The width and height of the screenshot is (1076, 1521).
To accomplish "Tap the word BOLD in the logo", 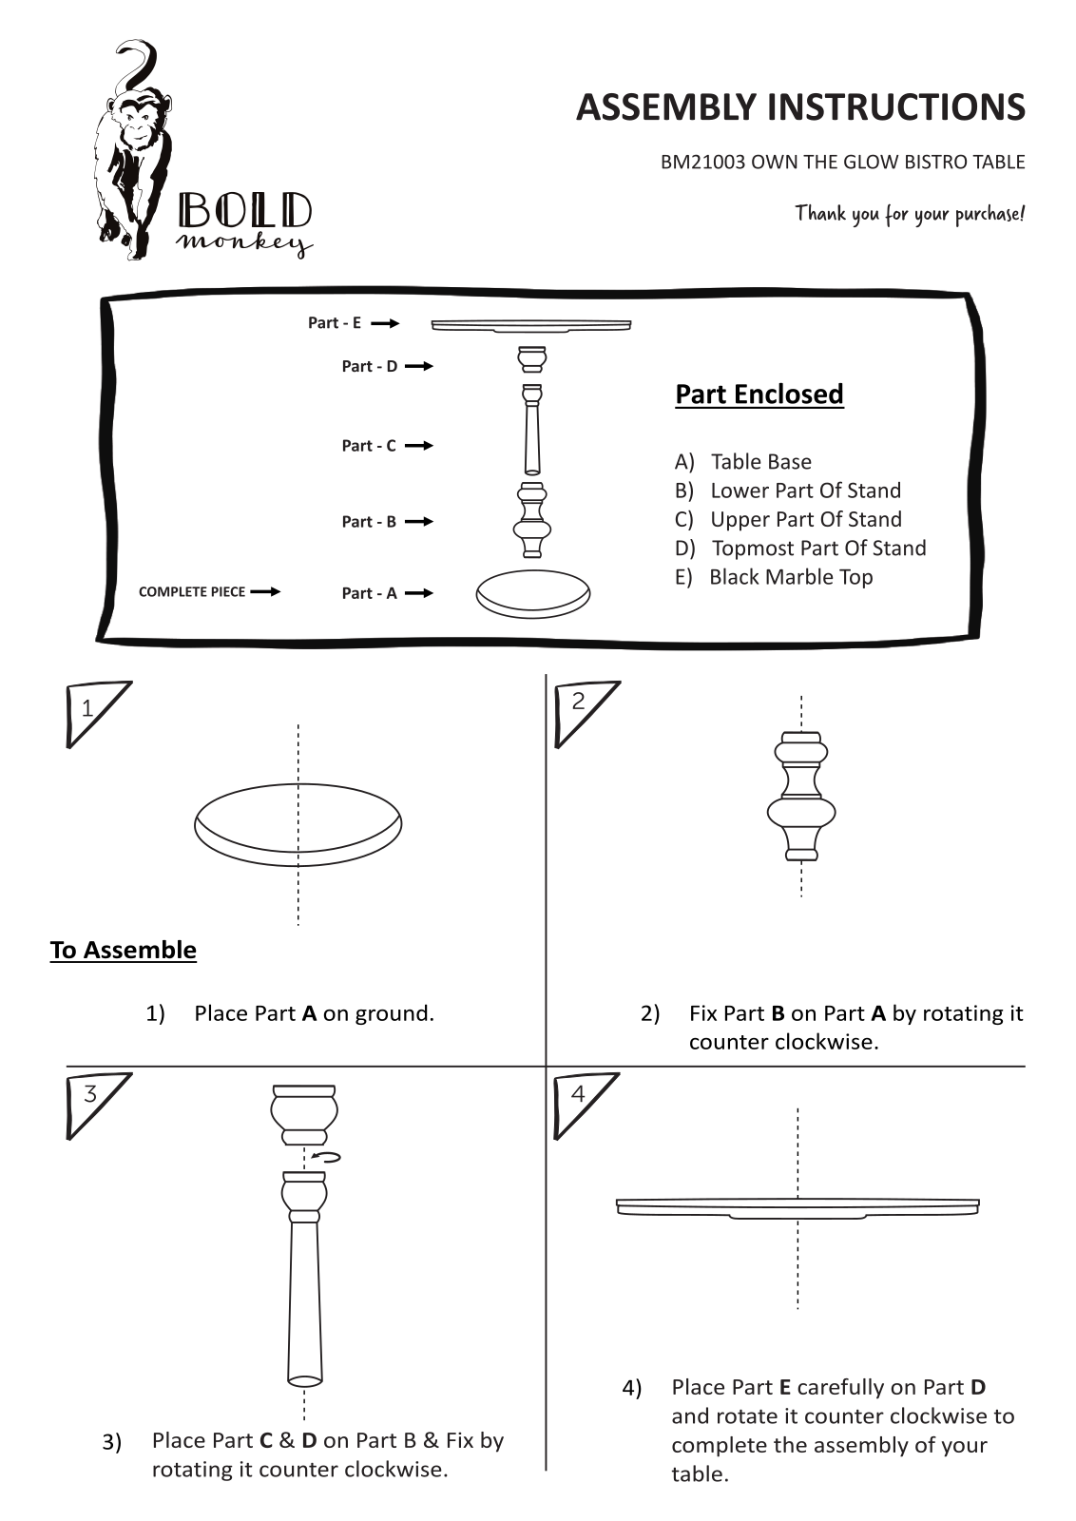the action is (245, 211).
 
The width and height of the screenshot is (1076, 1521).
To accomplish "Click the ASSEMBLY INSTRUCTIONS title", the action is (800, 107).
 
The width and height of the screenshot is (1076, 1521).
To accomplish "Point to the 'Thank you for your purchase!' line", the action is (910, 214).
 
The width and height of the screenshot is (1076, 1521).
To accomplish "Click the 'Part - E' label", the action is (334, 322).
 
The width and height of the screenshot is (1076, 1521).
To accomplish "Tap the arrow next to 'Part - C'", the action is (419, 446).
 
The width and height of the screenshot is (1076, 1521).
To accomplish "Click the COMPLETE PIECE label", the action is (191, 592).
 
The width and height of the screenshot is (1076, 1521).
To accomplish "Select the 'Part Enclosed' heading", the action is (759, 395).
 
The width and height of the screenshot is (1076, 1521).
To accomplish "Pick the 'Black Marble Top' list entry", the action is (791, 577).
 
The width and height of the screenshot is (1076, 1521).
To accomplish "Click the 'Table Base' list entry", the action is (761, 462).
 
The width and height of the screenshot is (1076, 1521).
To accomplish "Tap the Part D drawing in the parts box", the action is (532, 359).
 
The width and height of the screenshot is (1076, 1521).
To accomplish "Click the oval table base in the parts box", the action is (533, 594).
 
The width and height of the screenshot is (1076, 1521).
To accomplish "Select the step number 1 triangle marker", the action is (94, 712).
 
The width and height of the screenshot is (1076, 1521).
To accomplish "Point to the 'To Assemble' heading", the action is (123, 950).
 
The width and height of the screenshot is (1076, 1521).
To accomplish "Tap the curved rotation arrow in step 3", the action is (326, 1157).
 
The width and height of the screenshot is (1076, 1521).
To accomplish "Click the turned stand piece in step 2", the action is (801, 796).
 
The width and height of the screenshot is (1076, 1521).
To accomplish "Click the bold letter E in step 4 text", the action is (785, 1387).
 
